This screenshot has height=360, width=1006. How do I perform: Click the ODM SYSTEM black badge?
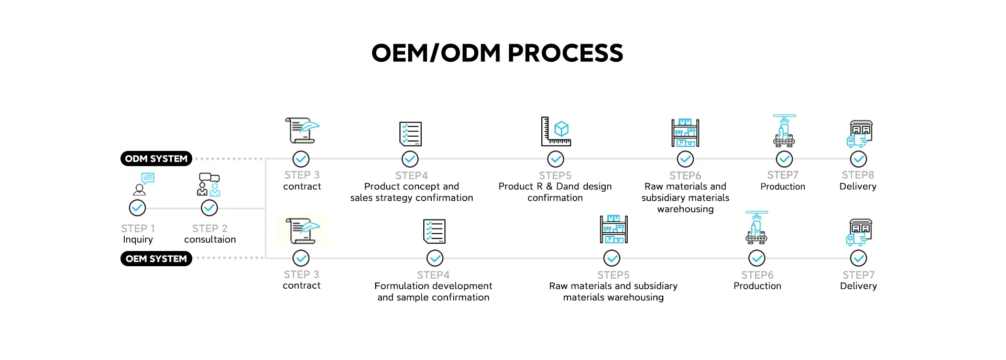click(156, 159)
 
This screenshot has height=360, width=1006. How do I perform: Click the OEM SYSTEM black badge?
click(156, 259)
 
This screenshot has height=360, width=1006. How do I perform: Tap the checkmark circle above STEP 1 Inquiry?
click(137, 208)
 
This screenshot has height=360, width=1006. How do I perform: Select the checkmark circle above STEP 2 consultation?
click(210, 208)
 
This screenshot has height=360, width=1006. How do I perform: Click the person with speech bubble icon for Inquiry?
click(143, 184)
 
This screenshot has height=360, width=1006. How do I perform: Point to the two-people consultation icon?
click(209, 184)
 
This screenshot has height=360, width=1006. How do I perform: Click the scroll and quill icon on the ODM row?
click(302, 130)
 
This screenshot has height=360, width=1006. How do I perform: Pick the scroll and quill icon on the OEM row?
click(302, 231)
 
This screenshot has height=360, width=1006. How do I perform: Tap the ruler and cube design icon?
click(556, 132)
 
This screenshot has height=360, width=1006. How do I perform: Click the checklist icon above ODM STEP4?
click(410, 134)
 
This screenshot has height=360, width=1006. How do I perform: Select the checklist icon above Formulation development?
click(434, 232)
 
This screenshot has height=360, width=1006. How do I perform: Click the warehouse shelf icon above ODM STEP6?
click(685, 133)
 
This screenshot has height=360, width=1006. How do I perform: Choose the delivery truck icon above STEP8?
click(859, 134)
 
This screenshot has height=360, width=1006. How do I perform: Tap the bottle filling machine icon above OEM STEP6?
click(756, 228)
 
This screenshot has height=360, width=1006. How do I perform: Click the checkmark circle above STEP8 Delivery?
click(858, 159)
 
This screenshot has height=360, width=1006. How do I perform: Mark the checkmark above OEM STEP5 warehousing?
click(612, 258)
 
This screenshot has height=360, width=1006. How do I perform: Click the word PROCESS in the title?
click(565, 53)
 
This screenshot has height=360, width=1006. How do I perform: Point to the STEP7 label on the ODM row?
click(783, 175)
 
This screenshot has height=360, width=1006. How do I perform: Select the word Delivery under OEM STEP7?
click(858, 286)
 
